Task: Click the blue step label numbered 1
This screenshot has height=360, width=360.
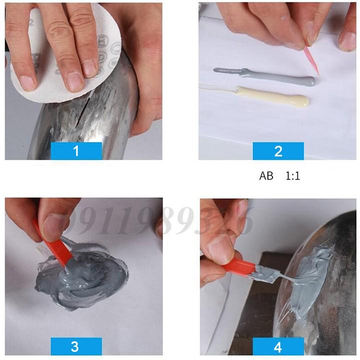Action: (x=76, y=150)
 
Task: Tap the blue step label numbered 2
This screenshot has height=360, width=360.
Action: (x=278, y=150)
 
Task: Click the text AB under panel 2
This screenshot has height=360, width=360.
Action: (x=266, y=176)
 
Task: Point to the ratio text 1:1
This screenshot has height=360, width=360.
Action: (x=293, y=176)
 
